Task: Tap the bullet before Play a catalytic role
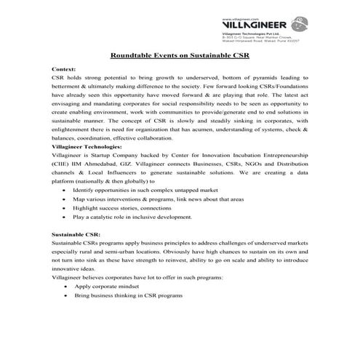coord(67,217)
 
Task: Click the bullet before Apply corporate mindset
coord(67,287)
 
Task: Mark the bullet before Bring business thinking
coord(67,296)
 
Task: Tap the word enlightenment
coord(73,129)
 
